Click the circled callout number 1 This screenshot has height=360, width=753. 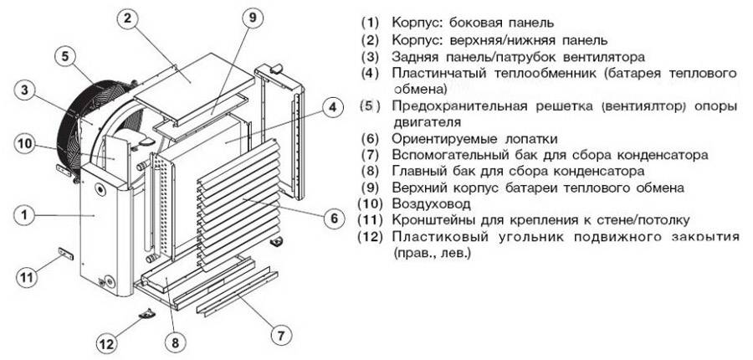pyautogui.click(x=25, y=215)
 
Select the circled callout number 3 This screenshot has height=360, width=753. pyautogui.click(x=26, y=90)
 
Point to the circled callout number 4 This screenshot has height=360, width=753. pyautogui.click(x=332, y=107)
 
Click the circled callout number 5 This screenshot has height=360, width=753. pyautogui.click(x=63, y=56)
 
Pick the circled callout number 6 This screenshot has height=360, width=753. pyautogui.click(x=332, y=218)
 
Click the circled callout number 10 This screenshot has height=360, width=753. pyautogui.click(x=26, y=143)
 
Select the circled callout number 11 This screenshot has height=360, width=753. pyautogui.click(x=26, y=275)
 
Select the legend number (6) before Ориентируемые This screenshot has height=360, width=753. pyautogui.click(x=370, y=138)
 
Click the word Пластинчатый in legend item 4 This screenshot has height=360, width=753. pyautogui.click(x=436, y=74)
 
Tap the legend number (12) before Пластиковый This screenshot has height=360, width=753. pyautogui.click(x=371, y=236)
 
